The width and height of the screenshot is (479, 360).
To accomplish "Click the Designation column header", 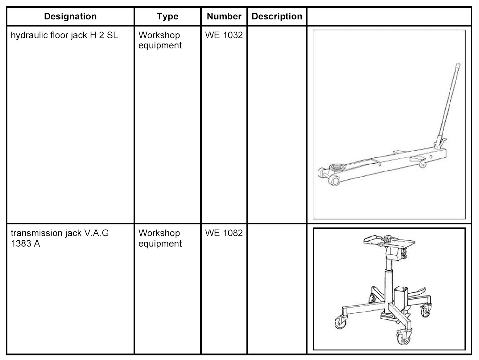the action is [70, 16].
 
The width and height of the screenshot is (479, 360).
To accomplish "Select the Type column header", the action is [167, 16].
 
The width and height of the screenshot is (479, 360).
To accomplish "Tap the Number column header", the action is [224, 16].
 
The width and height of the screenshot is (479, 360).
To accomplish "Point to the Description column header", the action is [277, 16].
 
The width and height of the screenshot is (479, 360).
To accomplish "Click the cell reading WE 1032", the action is [224, 35].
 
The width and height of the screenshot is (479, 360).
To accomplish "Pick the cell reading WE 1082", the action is [224, 233].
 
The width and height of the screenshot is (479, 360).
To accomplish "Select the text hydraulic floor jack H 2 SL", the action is [64, 35].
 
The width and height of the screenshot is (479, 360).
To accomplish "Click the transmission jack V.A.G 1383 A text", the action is [60, 238].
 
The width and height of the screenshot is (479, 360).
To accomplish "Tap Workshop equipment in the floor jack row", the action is [160, 40].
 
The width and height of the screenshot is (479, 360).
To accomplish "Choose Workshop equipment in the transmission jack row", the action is [160, 238].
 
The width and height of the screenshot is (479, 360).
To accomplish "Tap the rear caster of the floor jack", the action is [423, 165].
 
